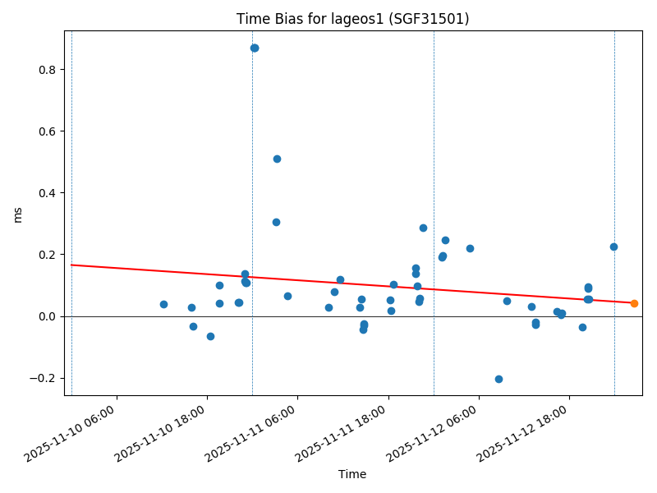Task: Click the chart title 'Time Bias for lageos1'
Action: tap(352, 19)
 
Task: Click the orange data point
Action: tap(634, 303)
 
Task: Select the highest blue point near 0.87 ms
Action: tap(255, 48)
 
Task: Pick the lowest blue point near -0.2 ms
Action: tap(498, 379)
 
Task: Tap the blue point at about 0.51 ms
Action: tap(277, 159)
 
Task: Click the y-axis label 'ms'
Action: tap(18, 214)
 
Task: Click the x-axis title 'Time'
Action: tap(352, 474)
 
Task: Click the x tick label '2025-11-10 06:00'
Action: tap(74, 431)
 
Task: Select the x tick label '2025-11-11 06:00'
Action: tap(255, 431)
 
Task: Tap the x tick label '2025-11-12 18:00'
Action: tap(526, 431)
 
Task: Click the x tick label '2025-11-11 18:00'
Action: tap(345, 431)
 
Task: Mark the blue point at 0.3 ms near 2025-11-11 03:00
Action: tap(276, 222)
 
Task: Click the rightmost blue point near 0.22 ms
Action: tap(613, 246)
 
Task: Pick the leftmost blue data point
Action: tap(163, 304)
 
